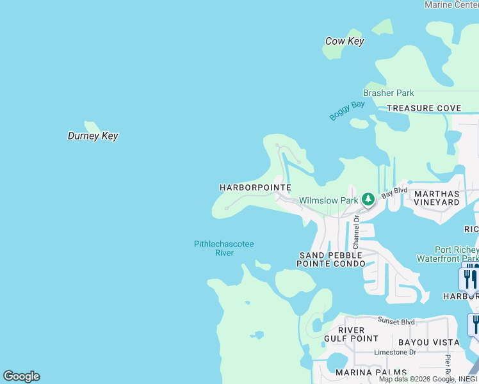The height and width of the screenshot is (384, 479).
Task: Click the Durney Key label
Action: (x=93, y=136)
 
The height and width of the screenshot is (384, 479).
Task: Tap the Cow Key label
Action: (x=345, y=41)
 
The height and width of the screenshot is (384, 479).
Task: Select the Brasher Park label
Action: (x=389, y=93)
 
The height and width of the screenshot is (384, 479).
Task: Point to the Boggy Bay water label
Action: (x=347, y=110)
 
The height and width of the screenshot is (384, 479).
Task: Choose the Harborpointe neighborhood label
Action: (x=256, y=188)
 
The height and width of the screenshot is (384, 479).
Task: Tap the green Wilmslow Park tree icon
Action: (x=368, y=200)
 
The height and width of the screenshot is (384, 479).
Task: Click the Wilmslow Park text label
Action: (x=329, y=200)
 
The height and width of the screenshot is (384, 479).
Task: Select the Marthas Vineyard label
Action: (x=437, y=198)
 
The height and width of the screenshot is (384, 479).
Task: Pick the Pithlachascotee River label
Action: (x=224, y=248)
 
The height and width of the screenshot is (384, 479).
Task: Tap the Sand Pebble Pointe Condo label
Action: (x=331, y=259)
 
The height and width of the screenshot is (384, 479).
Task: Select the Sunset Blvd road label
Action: (x=396, y=321)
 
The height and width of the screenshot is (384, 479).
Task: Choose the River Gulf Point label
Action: (x=352, y=334)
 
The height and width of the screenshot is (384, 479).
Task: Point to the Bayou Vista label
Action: (x=420, y=342)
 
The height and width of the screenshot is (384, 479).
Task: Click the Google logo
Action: (x=21, y=376)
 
